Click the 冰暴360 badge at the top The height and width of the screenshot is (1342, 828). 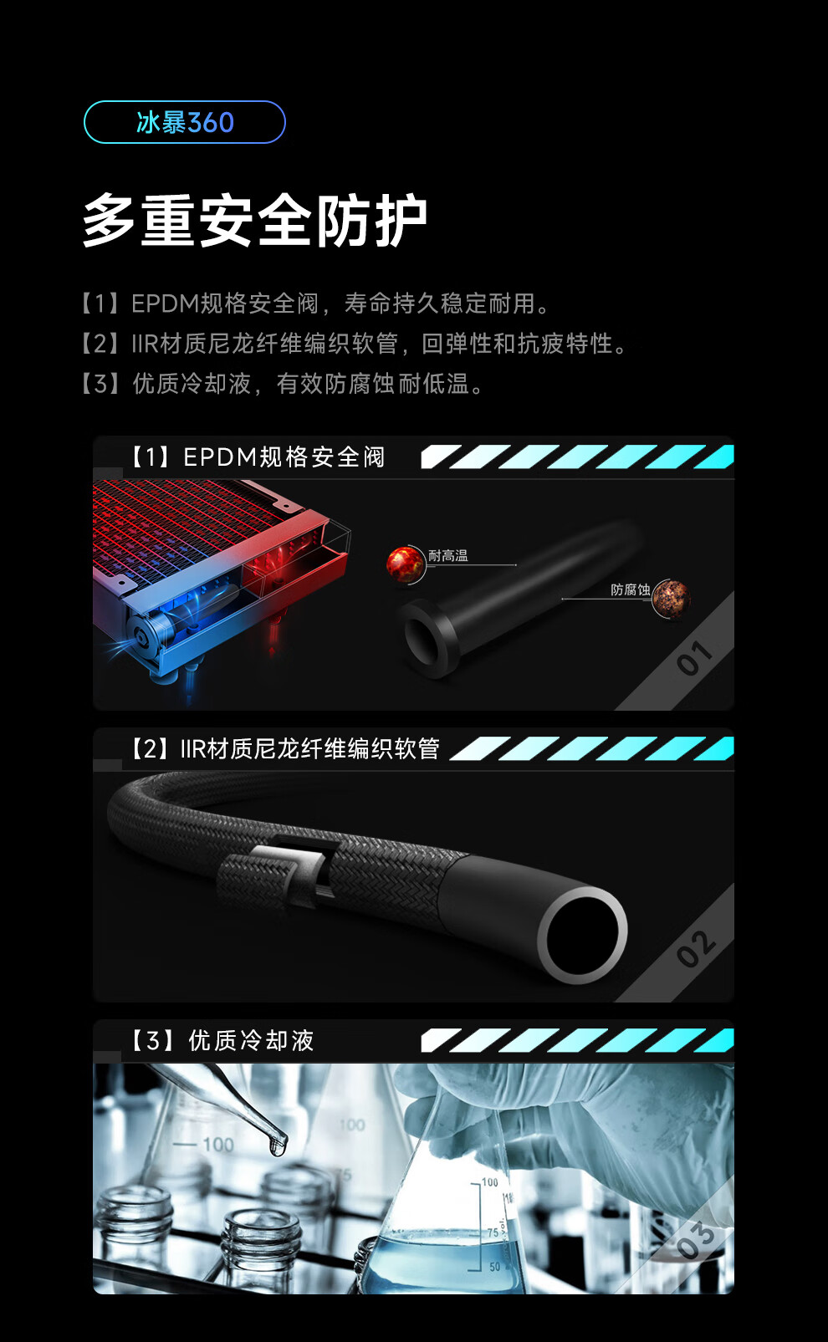pos(185,122)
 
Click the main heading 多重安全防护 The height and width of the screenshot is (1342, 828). pos(254,221)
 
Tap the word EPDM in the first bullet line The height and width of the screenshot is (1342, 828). pos(165,304)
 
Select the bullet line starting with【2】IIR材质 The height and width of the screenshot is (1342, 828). pos(354,344)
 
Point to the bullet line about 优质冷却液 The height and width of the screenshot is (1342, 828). pos(282,384)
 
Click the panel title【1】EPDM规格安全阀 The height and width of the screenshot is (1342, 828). pos(258,457)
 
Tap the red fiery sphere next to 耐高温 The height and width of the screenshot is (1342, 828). pos(405,564)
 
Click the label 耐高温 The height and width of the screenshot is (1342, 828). pos(448,556)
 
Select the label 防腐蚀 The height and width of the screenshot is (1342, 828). pos(631,590)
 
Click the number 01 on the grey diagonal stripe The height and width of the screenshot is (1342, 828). pos(694,657)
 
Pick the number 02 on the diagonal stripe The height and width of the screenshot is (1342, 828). pos(695,948)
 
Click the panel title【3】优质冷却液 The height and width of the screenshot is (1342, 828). pos(222,1041)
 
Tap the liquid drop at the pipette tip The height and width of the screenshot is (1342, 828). pos(278,1146)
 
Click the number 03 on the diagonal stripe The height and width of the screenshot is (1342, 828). pos(696,1239)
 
